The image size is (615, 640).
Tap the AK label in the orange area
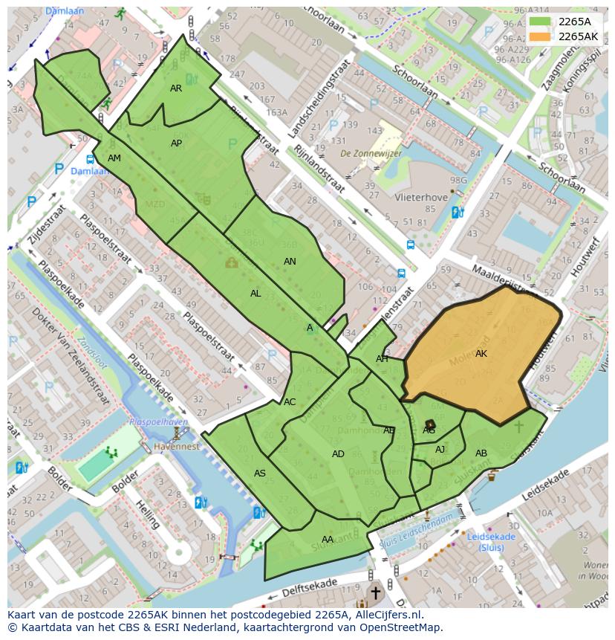tap(481, 354)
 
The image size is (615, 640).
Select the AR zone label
tap(176, 88)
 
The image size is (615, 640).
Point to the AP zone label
tap(177, 143)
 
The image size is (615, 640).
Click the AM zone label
tap(114, 158)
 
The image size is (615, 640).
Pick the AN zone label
tap(290, 262)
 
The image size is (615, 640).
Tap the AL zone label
tap(256, 294)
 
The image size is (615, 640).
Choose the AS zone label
tap(260, 473)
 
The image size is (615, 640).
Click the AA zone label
tap(328, 540)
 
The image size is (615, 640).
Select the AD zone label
tap(338, 454)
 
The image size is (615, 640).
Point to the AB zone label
tap(481, 453)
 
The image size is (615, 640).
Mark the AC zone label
tap(290, 402)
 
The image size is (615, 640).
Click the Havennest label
tap(176, 447)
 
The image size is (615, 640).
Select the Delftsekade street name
tap(309, 590)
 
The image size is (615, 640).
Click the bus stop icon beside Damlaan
tap(90, 159)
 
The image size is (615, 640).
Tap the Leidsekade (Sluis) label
tap(491, 542)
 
